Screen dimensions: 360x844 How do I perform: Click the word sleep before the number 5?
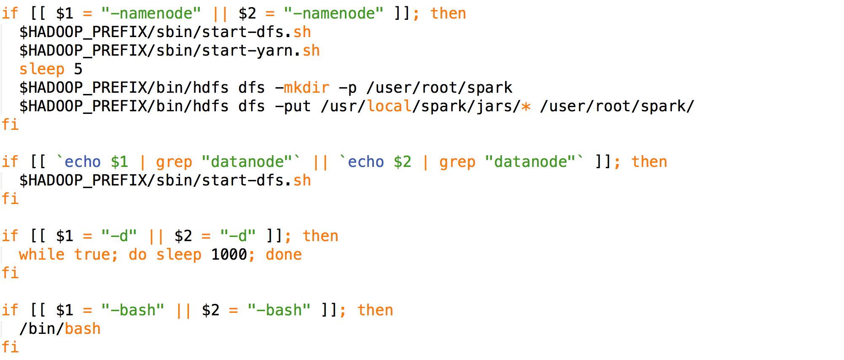click(42, 69)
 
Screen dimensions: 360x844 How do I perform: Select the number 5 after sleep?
click(78, 69)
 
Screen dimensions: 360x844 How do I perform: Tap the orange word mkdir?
click(306, 88)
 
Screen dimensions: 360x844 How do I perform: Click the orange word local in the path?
click(389, 106)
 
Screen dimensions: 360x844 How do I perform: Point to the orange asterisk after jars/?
click(526, 106)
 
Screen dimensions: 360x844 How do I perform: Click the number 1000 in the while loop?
click(229, 255)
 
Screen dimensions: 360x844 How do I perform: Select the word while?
click(42, 255)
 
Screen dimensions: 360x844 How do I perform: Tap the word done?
click(284, 255)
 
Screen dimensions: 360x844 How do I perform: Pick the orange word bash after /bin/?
click(83, 329)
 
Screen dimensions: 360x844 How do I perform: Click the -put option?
click(293, 106)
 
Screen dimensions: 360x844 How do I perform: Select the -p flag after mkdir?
click(348, 88)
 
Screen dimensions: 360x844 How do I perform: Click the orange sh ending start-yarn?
click(311, 51)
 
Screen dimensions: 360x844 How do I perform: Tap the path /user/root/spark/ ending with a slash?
click(617, 106)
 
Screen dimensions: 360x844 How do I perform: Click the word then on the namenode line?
click(448, 13)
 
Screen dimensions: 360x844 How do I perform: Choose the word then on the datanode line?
click(649, 162)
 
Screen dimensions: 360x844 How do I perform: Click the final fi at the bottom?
click(10, 347)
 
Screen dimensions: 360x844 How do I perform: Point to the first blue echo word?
click(83, 162)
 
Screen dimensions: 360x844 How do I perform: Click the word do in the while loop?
click(137, 255)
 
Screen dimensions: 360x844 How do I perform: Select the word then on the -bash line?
click(375, 310)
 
